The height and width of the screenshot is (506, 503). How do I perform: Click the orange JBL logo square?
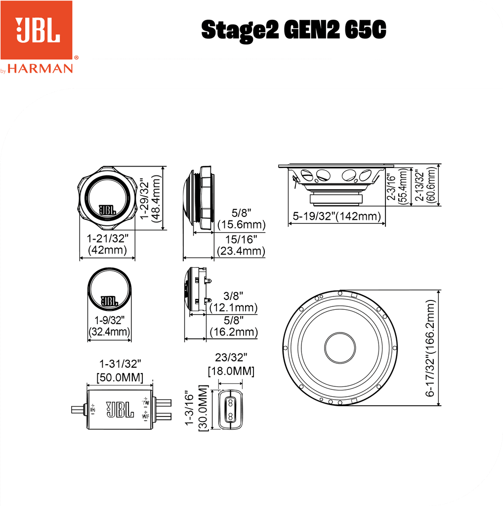coord(37,30)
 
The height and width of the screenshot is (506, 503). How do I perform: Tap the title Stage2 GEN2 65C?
coord(293,31)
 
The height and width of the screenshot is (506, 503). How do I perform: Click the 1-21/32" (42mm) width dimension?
coord(107,244)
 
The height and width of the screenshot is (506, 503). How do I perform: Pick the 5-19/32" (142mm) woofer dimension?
coord(336,216)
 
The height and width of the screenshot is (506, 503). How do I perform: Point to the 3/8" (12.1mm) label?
coord(233,302)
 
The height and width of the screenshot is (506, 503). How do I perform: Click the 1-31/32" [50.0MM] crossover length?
coord(120,371)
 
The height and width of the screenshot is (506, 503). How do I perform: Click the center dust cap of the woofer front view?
coord(339,346)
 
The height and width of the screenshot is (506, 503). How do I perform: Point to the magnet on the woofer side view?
coord(336,199)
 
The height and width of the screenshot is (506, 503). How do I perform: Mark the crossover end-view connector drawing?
coord(230,409)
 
